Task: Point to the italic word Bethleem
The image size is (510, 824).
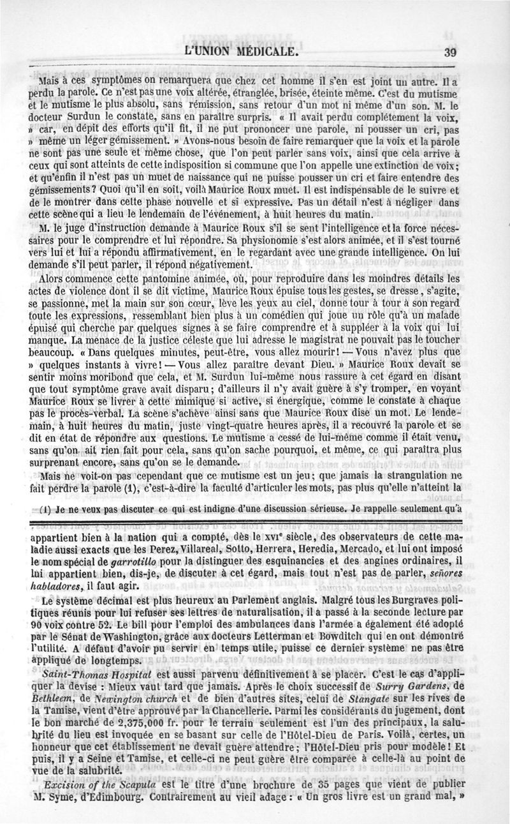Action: pyautogui.click(x=53, y=712)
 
